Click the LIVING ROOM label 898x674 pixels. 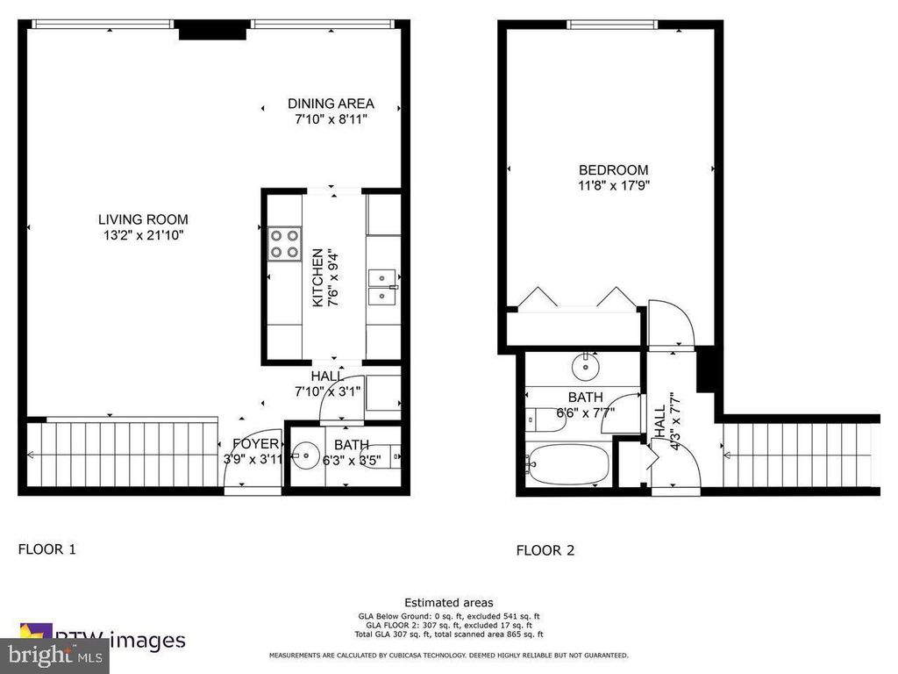click(x=143, y=219)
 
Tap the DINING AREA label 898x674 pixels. click(x=331, y=104)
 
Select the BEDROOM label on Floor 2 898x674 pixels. click(x=613, y=170)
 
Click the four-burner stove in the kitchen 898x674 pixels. click(x=283, y=243)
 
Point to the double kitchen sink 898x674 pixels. click(x=382, y=287)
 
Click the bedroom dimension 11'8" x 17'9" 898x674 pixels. click(x=613, y=185)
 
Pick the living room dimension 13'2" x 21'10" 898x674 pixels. click(x=143, y=235)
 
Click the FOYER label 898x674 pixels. click(x=255, y=444)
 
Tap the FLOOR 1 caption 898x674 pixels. click(x=47, y=549)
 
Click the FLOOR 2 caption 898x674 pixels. click(x=545, y=550)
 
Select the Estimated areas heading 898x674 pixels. click(x=448, y=602)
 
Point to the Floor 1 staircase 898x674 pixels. click(x=123, y=454)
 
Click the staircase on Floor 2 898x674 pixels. click(x=798, y=454)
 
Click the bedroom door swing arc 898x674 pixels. click(x=673, y=323)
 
